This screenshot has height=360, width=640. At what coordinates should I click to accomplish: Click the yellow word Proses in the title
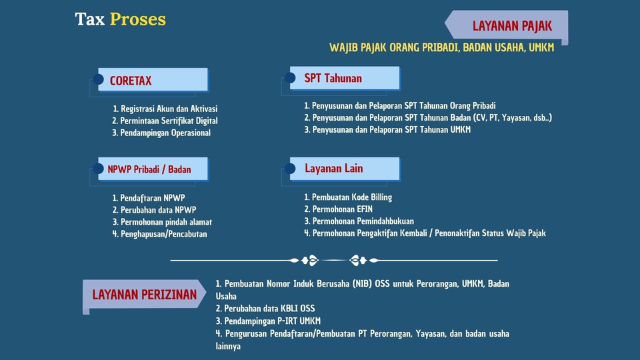pos(137,19)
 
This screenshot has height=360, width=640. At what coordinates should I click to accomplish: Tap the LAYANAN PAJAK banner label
pos(512,26)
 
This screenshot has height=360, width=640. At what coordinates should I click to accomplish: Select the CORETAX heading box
pos(153,79)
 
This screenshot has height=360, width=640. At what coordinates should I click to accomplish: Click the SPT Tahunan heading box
pos(345,77)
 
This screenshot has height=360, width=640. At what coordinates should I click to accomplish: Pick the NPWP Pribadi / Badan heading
pos(149,169)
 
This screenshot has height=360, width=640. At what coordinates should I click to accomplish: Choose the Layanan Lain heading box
pos(345,169)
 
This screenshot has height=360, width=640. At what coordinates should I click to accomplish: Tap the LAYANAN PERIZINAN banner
pos(144,294)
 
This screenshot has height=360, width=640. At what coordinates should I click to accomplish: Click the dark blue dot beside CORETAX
pos(98,79)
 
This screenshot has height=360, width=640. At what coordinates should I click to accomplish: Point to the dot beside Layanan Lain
pos(290,168)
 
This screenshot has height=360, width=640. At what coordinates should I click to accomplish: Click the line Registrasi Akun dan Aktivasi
pos(165,109)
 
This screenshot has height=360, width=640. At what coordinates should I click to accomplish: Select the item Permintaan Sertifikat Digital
pos(165,121)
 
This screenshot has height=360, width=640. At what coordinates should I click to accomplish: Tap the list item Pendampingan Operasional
pos(161,133)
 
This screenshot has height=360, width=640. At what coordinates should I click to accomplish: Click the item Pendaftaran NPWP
pos(149,198)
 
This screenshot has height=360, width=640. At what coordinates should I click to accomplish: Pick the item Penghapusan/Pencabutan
pos(159,234)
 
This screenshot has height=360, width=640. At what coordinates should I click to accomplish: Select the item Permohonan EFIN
pos(339,209)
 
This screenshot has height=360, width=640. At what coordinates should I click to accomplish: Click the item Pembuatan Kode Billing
pos(348,197)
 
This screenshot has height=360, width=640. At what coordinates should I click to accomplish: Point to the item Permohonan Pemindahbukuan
pos(359,221)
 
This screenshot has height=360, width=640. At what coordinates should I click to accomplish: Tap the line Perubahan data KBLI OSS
pos(265,309)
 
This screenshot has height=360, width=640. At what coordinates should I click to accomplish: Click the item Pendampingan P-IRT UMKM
pos(268,321)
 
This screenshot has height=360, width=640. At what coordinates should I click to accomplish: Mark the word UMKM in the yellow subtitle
pos(541,48)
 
